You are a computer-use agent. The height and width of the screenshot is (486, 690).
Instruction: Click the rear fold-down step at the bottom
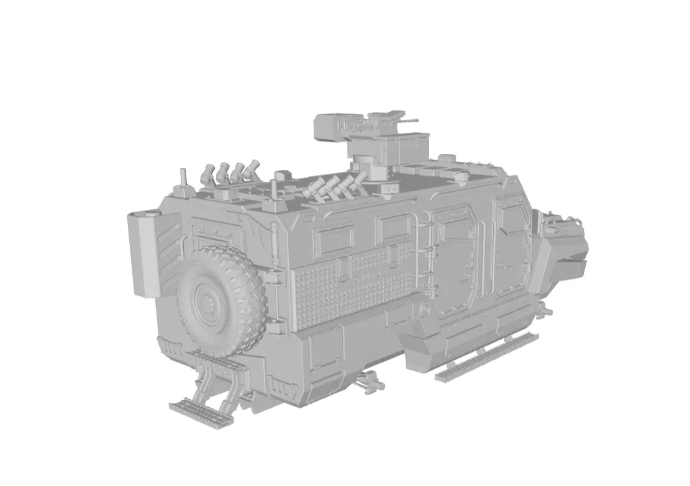coord(201,412)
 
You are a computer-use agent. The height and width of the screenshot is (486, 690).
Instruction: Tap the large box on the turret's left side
coord(330,127)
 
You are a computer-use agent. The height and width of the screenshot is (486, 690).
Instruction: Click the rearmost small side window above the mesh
coord(334,239)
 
